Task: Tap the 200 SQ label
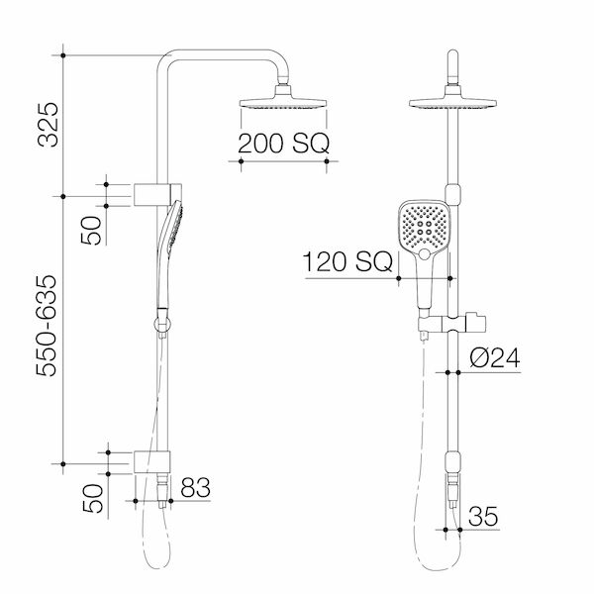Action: (282, 145)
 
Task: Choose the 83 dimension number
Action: (196, 486)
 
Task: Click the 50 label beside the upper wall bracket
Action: (90, 233)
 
